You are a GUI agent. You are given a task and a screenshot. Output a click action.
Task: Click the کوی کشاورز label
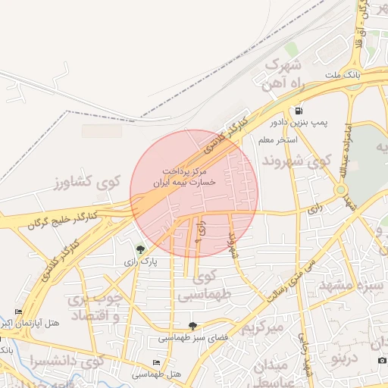88,182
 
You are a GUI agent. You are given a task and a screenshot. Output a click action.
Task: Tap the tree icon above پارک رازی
139,249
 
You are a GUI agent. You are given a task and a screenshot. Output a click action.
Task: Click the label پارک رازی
140,261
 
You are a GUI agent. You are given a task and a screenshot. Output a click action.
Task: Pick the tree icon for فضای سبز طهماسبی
192,325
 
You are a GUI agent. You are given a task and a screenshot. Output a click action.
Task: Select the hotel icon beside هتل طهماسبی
157,363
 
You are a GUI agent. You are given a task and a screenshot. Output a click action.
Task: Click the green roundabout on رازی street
341,189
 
